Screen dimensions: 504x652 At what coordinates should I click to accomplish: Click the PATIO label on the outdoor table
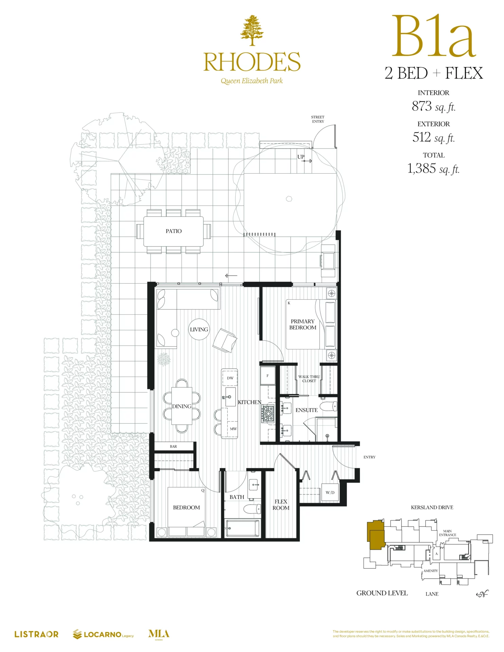(174, 231)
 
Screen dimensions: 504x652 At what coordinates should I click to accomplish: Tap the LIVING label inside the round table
(199, 330)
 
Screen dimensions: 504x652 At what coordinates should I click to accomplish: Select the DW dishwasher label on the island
(230, 378)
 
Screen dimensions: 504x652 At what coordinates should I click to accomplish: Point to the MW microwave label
(233, 429)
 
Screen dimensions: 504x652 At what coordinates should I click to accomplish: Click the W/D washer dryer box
(330, 492)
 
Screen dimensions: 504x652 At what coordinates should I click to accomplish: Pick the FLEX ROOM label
(281, 505)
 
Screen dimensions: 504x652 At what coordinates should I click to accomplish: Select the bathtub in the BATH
(242, 528)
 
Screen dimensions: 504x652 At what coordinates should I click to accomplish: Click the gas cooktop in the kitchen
(268, 413)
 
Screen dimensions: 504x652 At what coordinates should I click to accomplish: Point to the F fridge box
(268, 376)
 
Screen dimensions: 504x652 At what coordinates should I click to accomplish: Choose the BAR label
(173, 447)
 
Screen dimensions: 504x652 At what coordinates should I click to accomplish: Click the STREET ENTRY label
(318, 119)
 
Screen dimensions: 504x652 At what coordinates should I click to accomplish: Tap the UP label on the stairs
(301, 157)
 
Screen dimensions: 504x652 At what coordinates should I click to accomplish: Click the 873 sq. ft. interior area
(434, 106)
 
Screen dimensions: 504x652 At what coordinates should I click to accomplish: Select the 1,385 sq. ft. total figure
(433, 168)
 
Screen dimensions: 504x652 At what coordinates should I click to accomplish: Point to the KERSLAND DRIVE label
(432, 507)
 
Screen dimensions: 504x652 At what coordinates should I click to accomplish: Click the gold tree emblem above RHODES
(252, 30)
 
